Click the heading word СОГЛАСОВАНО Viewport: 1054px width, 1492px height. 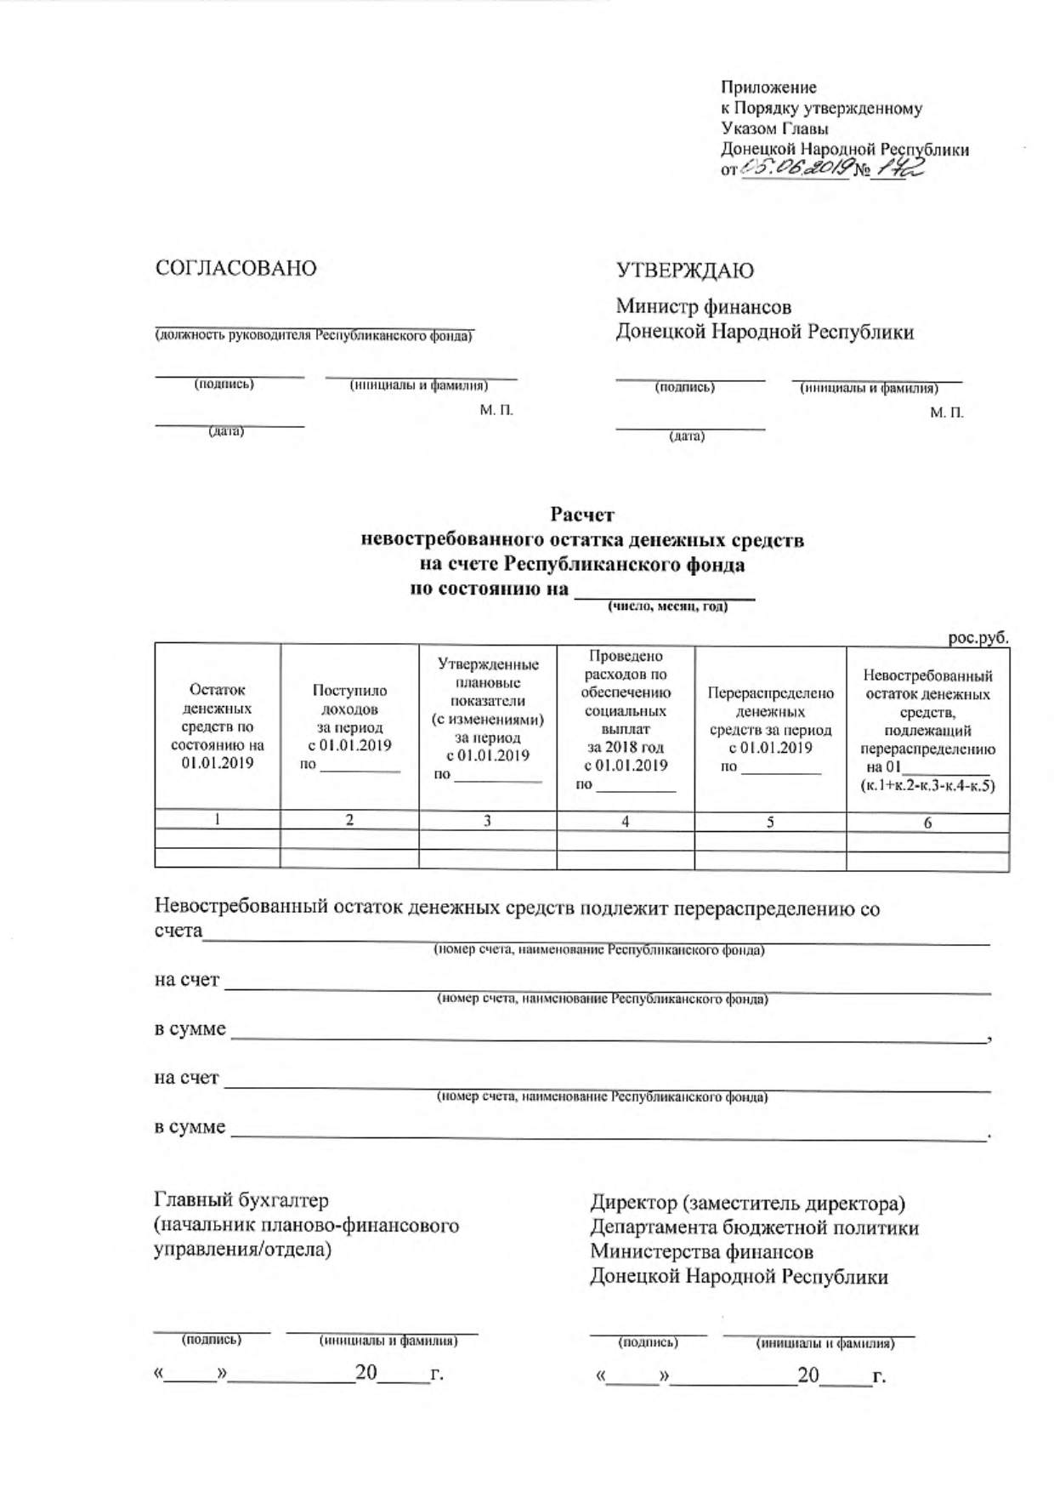tap(235, 269)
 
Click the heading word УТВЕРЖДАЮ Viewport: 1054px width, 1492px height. tap(684, 271)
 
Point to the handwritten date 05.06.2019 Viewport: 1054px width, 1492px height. tap(795, 169)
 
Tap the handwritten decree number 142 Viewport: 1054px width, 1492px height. tap(902, 168)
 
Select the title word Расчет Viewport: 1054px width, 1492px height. tap(582, 515)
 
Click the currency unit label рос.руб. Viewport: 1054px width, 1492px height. tap(978, 637)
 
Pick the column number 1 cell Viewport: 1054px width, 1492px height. tap(218, 820)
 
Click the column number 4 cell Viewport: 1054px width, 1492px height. tap(626, 822)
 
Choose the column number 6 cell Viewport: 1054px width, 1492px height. tap(927, 823)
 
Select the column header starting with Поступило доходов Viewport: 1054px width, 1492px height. tap(349, 727)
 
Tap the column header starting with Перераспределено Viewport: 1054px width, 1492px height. tap(770, 729)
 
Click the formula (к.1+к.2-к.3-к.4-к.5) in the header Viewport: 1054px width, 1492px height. tap(927, 786)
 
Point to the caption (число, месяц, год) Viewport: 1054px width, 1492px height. tap(667, 607)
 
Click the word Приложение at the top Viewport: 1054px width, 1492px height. tap(768, 87)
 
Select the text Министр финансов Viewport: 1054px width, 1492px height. tap(704, 306)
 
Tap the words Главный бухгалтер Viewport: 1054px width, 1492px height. tap(241, 1200)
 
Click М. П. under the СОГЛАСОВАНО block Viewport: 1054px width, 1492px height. tap(496, 411)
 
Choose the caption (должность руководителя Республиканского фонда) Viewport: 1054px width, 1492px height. tap(314, 336)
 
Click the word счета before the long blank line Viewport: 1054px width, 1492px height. tap(178, 931)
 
